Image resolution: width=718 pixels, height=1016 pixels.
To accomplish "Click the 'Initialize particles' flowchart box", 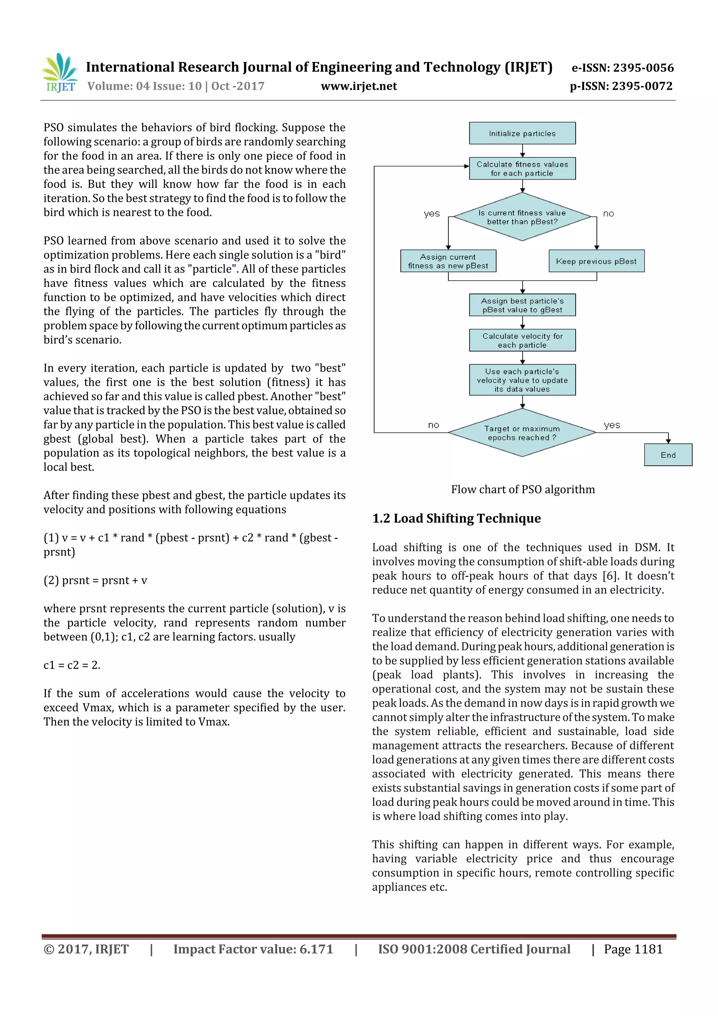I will tap(522, 133).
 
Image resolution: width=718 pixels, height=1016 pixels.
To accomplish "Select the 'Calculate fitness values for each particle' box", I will tap(522, 169).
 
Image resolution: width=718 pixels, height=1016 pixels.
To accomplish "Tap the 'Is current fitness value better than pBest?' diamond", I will tap(522, 217).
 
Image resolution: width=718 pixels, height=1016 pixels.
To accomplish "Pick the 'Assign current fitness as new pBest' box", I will tap(448, 261).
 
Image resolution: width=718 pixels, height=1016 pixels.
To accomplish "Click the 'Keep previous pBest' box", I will tap(596, 261).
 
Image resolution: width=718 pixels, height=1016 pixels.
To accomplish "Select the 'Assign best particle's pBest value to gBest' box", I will tap(522, 305).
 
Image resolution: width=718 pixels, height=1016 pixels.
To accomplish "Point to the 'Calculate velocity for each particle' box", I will tap(522, 340).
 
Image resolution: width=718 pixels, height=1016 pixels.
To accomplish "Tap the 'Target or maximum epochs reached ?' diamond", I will tap(522, 433).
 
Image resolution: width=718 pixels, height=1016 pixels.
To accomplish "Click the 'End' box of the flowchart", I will tap(668, 455).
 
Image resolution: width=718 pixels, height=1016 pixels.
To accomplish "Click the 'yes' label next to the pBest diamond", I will tap(431, 213).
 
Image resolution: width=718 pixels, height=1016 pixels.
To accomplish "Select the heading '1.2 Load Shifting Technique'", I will tap(456, 518).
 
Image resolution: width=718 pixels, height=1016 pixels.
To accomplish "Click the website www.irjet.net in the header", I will tap(358, 86).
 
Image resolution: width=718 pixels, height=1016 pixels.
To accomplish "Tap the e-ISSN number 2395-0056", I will tap(622, 68).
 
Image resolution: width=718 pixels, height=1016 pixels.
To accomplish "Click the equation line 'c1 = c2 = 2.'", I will tap(72, 665).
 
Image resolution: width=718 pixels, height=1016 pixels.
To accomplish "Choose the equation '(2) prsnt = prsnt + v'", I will tap(95, 580).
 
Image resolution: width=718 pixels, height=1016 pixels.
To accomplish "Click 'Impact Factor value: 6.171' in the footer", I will tap(253, 949).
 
